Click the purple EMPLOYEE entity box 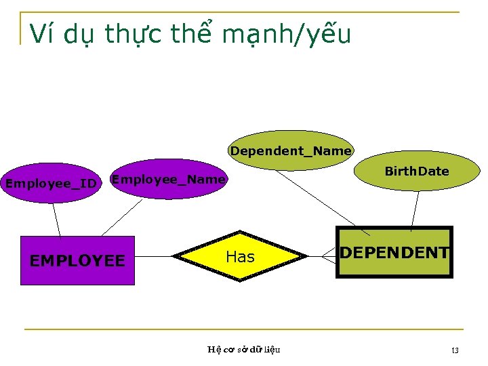[77, 260]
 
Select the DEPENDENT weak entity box [394, 253]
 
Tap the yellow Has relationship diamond [240, 256]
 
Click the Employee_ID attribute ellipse [51, 183]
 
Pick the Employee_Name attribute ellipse [167, 180]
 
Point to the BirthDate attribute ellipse [416, 171]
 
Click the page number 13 [455, 350]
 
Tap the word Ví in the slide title [43, 33]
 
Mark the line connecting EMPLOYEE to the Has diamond [154, 257]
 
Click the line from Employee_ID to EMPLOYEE [57, 219]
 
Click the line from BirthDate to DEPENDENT [415, 209]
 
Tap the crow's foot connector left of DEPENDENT [329, 256]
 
